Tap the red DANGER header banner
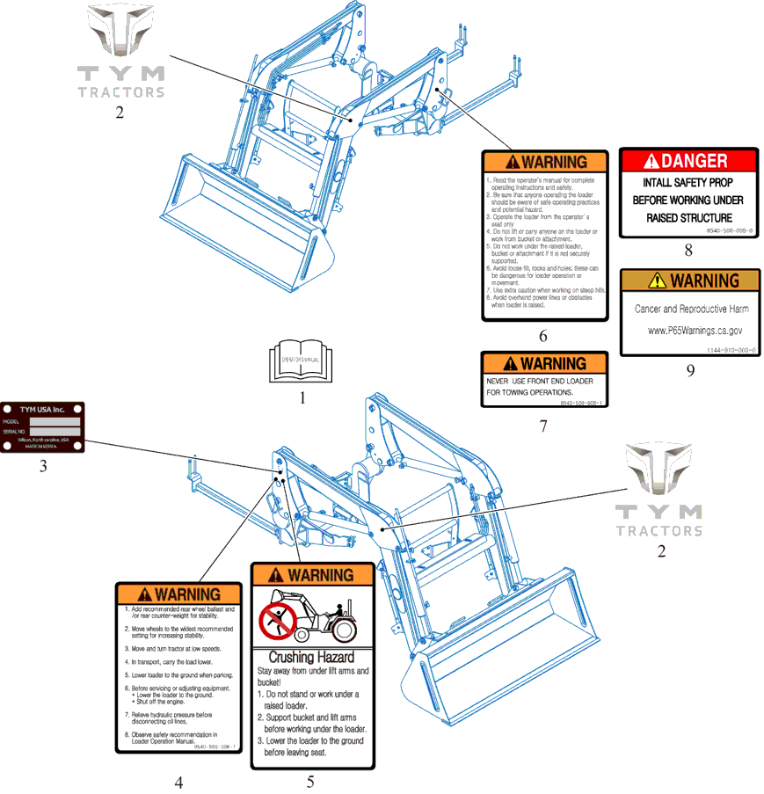[688, 161]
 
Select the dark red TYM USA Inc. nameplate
[42, 428]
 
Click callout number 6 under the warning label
[543, 336]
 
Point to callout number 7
[543, 426]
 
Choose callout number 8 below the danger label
[688, 251]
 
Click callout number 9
[690, 370]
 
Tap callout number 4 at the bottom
[178, 782]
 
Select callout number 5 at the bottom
[310, 781]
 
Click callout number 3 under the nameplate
[42, 466]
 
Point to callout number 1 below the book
[302, 397]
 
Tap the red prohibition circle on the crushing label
[278, 617]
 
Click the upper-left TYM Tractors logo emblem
[120, 40]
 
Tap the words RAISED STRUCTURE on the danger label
[688, 217]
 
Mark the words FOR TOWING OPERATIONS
[530, 392]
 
